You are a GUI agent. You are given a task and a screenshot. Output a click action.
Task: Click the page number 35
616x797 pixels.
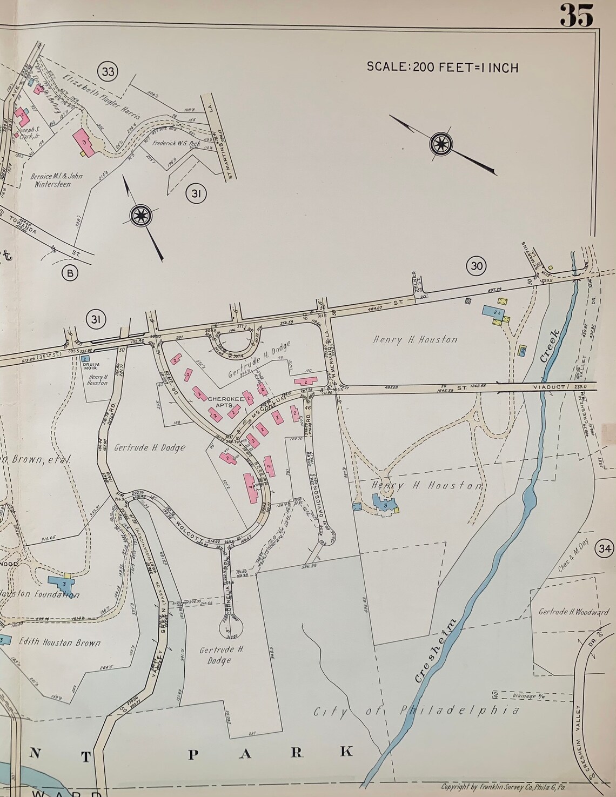coord(577,15)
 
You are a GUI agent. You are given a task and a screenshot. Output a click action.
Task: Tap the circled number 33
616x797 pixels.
coord(108,71)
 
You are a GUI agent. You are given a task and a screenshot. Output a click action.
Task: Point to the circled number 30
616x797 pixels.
coord(477,265)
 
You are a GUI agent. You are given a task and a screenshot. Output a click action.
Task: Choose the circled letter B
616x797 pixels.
coord(70,273)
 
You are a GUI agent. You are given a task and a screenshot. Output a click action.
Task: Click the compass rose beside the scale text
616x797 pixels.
coord(443,144)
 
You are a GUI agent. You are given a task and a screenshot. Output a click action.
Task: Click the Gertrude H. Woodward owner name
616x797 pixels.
coord(573,612)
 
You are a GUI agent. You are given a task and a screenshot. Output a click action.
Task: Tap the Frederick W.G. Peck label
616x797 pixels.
coord(176,144)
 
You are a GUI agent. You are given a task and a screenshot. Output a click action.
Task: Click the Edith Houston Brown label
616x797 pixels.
coord(59,643)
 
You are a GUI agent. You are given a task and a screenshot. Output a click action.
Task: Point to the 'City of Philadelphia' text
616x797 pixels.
coord(417,709)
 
